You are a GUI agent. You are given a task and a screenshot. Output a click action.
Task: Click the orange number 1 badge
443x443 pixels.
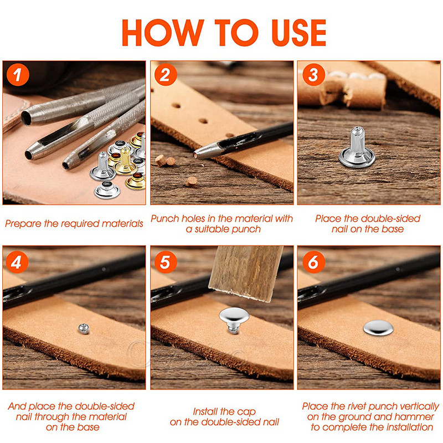(x=18, y=75)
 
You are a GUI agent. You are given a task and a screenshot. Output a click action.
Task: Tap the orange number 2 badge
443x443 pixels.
(x=166, y=75)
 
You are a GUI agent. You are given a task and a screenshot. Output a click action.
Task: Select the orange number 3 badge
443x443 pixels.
(x=313, y=75)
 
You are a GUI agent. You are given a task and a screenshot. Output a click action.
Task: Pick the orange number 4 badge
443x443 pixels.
(x=17, y=262)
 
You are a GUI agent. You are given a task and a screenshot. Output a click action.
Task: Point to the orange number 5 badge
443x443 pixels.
(x=166, y=262)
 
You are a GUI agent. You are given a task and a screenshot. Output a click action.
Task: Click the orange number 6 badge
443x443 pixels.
(x=313, y=262)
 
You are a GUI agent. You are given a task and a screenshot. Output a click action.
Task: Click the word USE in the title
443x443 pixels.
(x=299, y=33)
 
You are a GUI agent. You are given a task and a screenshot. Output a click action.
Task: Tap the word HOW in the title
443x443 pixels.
(x=163, y=33)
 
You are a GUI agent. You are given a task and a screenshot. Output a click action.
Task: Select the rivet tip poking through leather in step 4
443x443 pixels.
(x=84, y=328)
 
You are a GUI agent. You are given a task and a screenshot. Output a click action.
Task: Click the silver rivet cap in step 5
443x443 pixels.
(x=234, y=319)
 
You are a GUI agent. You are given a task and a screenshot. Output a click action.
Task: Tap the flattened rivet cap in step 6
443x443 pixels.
(x=378, y=328)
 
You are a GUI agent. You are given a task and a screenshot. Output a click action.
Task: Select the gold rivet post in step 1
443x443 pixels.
(x=125, y=162)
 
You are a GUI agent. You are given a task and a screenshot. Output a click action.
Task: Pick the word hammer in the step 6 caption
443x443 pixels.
(x=415, y=417)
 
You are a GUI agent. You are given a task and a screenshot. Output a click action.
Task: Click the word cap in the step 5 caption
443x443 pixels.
(x=246, y=412)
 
